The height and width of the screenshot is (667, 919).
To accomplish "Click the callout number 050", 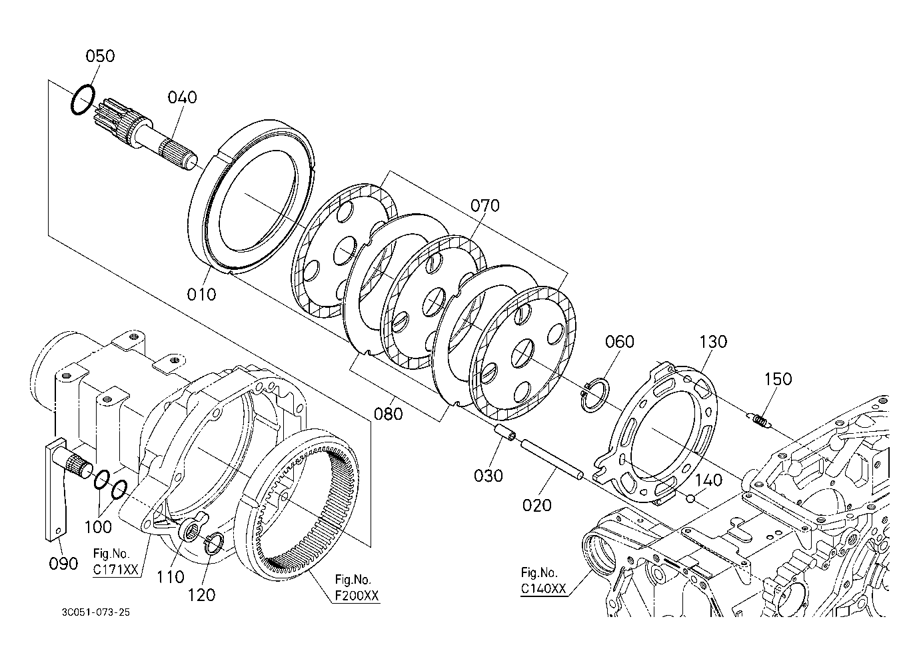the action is (x=100, y=56).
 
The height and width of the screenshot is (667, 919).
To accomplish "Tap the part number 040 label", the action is (x=182, y=97).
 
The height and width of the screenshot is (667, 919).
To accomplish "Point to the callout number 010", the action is (x=201, y=294).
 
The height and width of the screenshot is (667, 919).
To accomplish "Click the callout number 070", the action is (x=485, y=205).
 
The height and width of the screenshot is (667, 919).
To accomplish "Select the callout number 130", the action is (x=713, y=341).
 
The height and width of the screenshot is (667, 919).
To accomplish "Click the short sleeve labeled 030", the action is (x=505, y=432).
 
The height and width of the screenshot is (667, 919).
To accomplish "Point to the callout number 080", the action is (x=388, y=414).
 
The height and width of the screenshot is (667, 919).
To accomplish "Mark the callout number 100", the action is (x=98, y=527).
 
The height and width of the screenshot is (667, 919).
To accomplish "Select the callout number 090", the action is (x=63, y=564).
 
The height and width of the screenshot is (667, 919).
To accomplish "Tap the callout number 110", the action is (x=170, y=577).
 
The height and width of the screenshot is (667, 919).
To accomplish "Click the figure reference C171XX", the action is (x=116, y=570).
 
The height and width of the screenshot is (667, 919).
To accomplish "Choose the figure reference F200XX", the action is (x=357, y=596).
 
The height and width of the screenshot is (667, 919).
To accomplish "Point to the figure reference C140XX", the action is (x=543, y=588).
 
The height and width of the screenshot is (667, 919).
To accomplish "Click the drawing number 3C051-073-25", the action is (x=95, y=612).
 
